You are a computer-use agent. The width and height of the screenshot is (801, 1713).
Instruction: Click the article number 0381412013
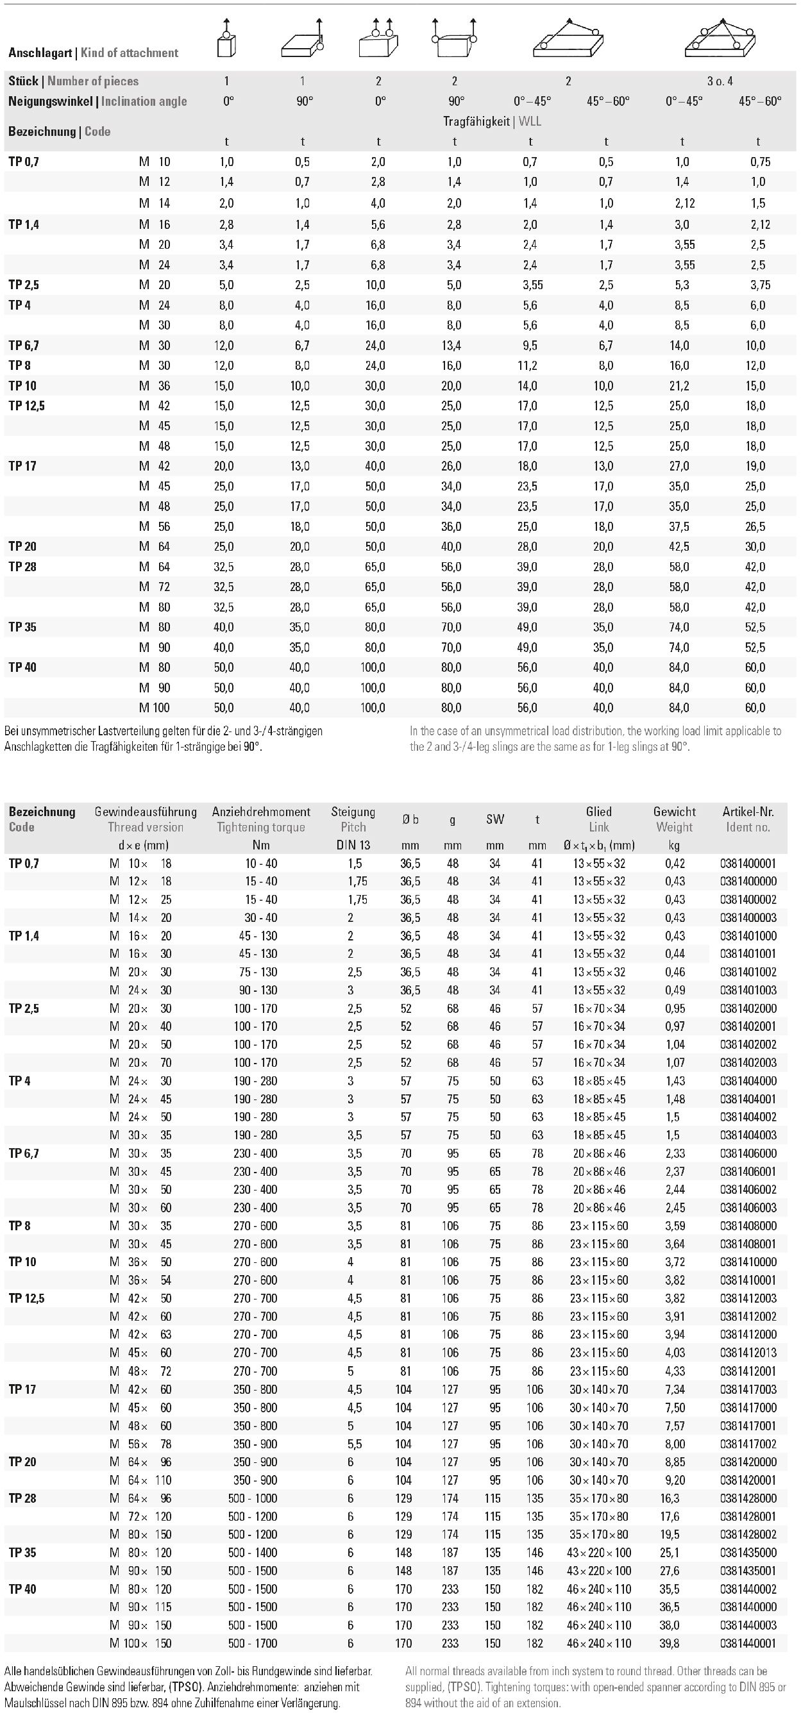pyautogui.click(x=748, y=1353)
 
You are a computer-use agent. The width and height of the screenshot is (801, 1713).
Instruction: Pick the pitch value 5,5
pyautogui.click(x=354, y=1444)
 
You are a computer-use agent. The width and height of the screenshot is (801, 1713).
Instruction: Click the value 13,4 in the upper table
pyautogui.click(x=450, y=345)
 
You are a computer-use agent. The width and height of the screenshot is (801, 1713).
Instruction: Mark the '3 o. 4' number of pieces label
pyautogui.click(x=719, y=81)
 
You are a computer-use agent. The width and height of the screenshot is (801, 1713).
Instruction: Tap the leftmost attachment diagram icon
pyautogui.click(x=226, y=38)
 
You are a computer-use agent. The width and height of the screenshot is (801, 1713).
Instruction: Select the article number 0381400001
pyautogui.click(x=748, y=863)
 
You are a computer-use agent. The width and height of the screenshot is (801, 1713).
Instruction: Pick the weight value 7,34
pyautogui.click(x=674, y=1389)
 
